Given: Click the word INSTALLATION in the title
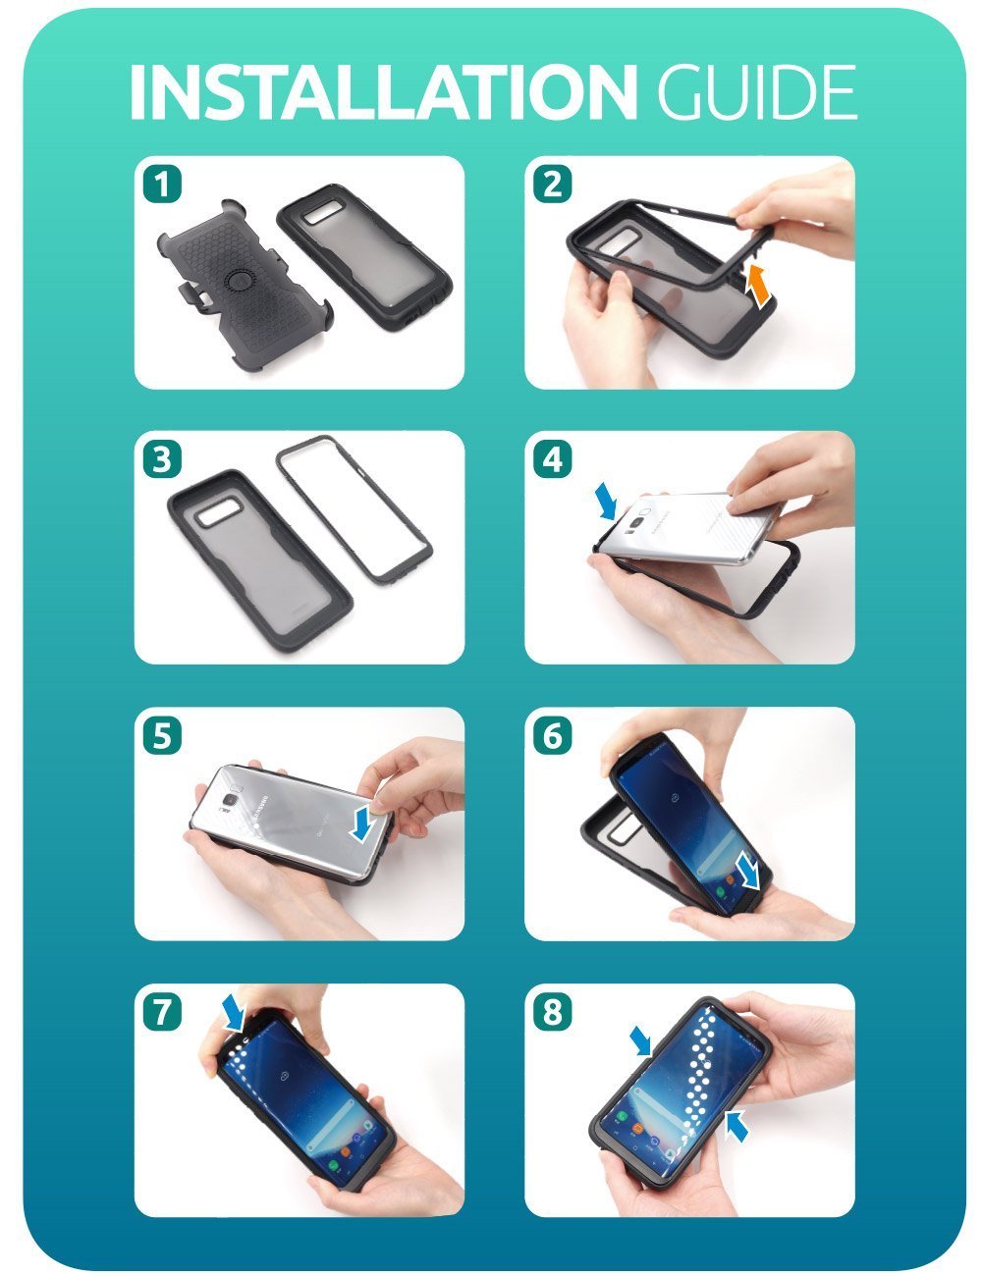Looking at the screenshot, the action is click(x=383, y=92).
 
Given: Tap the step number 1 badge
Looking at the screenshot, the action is click(x=161, y=184).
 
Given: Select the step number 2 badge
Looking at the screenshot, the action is click(x=551, y=184).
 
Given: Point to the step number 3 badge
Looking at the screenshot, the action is click(x=161, y=458).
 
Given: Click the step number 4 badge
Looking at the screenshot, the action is click(x=551, y=458).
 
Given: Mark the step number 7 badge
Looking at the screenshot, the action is click(x=161, y=1011).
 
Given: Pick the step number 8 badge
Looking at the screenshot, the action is click(x=551, y=1011).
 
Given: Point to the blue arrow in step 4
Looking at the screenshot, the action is click(x=606, y=501).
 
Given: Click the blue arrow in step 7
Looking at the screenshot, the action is click(x=236, y=1011).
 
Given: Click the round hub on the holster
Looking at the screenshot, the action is click(x=241, y=285).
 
